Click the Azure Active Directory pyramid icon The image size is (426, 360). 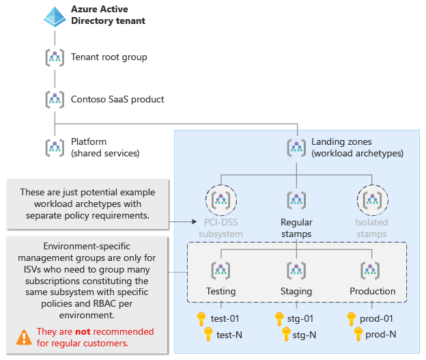pyautogui.click(x=55, y=16)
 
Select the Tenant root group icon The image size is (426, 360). pyautogui.click(x=55, y=57)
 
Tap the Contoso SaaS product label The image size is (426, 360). pyautogui.click(x=117, y=99)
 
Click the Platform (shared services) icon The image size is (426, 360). pyautogui.click(x=55, y=148)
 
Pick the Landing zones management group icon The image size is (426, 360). pyautogui.click(x=296, y=148)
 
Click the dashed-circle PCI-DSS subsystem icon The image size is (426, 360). pyautogui.click(x=220, y=199)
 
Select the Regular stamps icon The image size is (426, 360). pyautogui.click(x=296, y=199)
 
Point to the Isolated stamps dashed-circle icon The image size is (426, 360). pyautogui.click(x=371, y=199)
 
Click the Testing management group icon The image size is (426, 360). pyautogui.click(x=220, y=268)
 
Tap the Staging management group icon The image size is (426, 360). pyautogui.click(x=296, y=268)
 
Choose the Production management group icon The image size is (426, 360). pyautogui.click(x=371, y=268)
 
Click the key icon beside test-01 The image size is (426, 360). pyautogui.click(x=201, y=318)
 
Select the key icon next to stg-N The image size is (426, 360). pyautogui.click(x=286, y=334)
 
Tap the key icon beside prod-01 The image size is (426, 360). pyautogui.click(x=352, y=318)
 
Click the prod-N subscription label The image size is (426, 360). pyautogui.click(x=381, y=334)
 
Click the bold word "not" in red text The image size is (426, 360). pyautogui.click(x=83, y=332)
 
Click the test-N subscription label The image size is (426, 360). pyautogui.click(x=231, y=334)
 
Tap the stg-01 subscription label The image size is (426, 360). pyautogui.click(x=300, y=318)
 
